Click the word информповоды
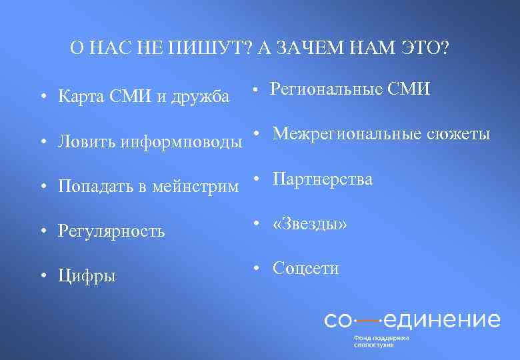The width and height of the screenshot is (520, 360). [x=181, y=142]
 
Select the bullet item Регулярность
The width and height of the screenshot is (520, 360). [x=111, y=231]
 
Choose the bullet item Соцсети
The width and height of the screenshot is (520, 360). [x=305, y=269]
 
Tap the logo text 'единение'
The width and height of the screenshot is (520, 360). [x=442, y=319]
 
